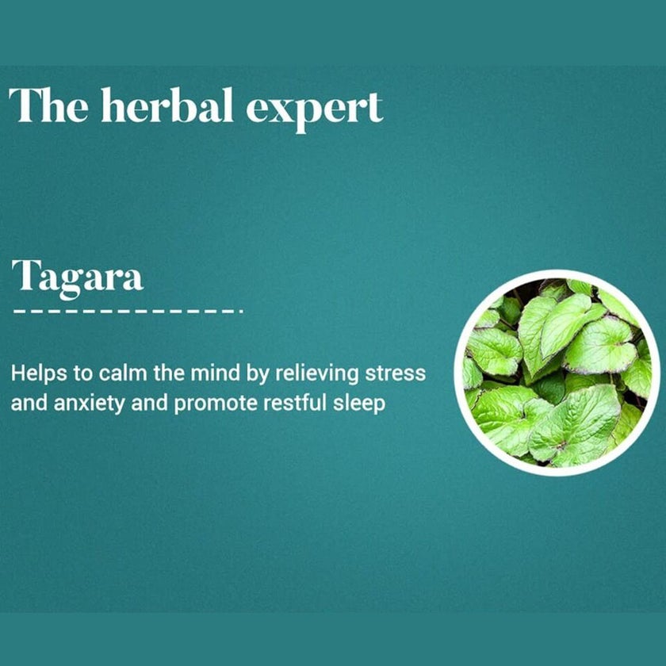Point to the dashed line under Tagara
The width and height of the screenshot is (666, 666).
click(127, 312)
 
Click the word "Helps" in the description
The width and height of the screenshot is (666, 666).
click(36, 373)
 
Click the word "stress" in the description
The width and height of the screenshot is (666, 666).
click(400, 373)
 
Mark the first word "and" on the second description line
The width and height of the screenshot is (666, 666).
click(28, 403)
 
